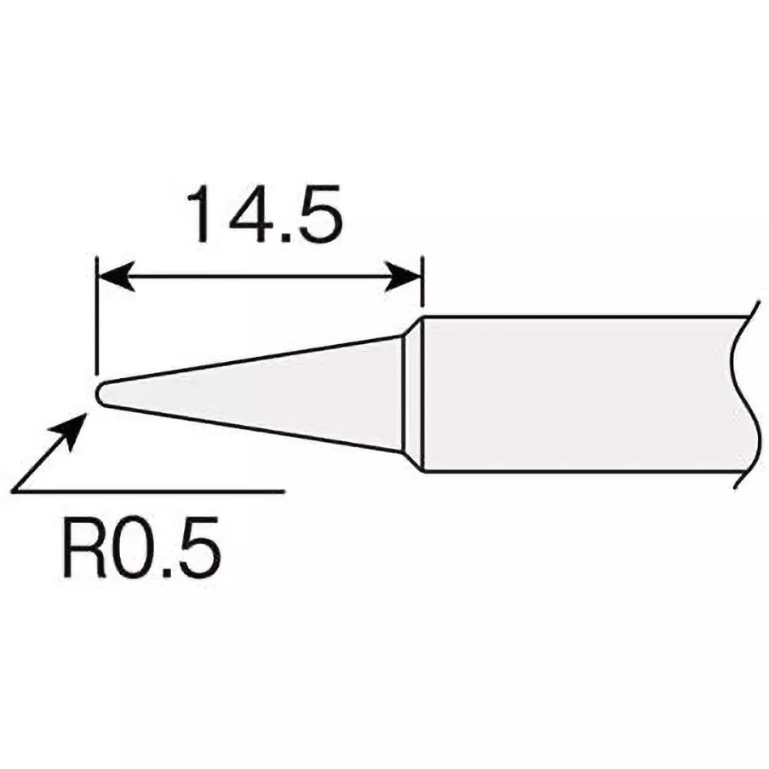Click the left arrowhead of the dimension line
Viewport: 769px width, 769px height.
point(115,277)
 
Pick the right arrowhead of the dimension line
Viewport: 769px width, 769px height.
point(405,277)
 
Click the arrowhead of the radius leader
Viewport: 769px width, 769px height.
point(74,427)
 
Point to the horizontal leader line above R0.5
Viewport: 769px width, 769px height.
point(170,491)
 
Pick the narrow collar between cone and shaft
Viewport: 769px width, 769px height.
point(413,393)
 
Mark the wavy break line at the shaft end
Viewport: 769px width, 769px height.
point(741,393)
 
